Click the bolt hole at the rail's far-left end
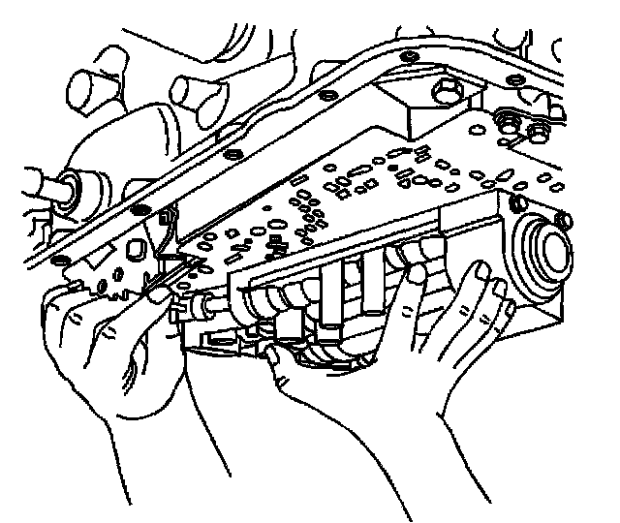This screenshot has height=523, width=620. click(x=60, y=263)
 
